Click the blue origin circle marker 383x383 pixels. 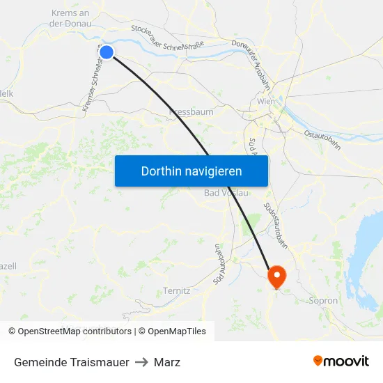click(x=107, y=52)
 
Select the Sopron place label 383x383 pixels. click(x=322, y=301)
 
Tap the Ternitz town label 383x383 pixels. click(x=176, y=290)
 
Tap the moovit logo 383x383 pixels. click(x=341, y=361)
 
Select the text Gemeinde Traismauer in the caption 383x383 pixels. click(x=71, y=362)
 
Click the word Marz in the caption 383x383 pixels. click(x=167, y=362)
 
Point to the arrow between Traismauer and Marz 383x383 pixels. click(x=141, y=362)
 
